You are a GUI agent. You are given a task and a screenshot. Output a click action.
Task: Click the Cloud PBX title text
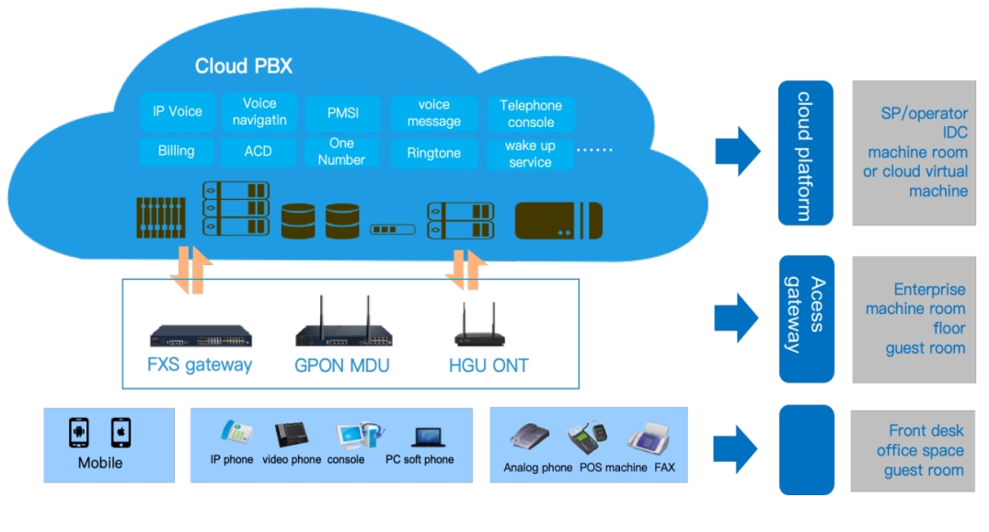tap(243, 66)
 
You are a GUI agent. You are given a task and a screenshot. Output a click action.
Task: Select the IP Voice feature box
tap(177, 111)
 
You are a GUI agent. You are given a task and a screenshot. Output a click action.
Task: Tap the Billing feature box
tap(176, 151)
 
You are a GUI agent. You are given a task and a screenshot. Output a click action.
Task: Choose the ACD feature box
tap(258, 151)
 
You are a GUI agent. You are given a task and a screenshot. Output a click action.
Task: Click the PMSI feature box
tap(342, 114)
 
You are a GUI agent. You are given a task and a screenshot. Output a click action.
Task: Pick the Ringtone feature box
tap(433, 153)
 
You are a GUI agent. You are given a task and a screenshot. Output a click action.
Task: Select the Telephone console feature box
tap(531, 114)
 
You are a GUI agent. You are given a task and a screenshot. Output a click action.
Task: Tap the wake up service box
tap(530, 154)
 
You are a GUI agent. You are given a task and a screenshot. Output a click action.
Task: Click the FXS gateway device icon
tap(201, 336)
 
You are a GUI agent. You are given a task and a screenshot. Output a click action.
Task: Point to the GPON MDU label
tap(341, 365)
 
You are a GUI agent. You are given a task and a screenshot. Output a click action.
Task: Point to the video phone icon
tap(292, 435)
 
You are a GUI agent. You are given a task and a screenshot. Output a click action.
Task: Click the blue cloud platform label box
tap(805, 153)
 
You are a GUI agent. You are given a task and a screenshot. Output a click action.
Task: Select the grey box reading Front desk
tap(914, 450)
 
